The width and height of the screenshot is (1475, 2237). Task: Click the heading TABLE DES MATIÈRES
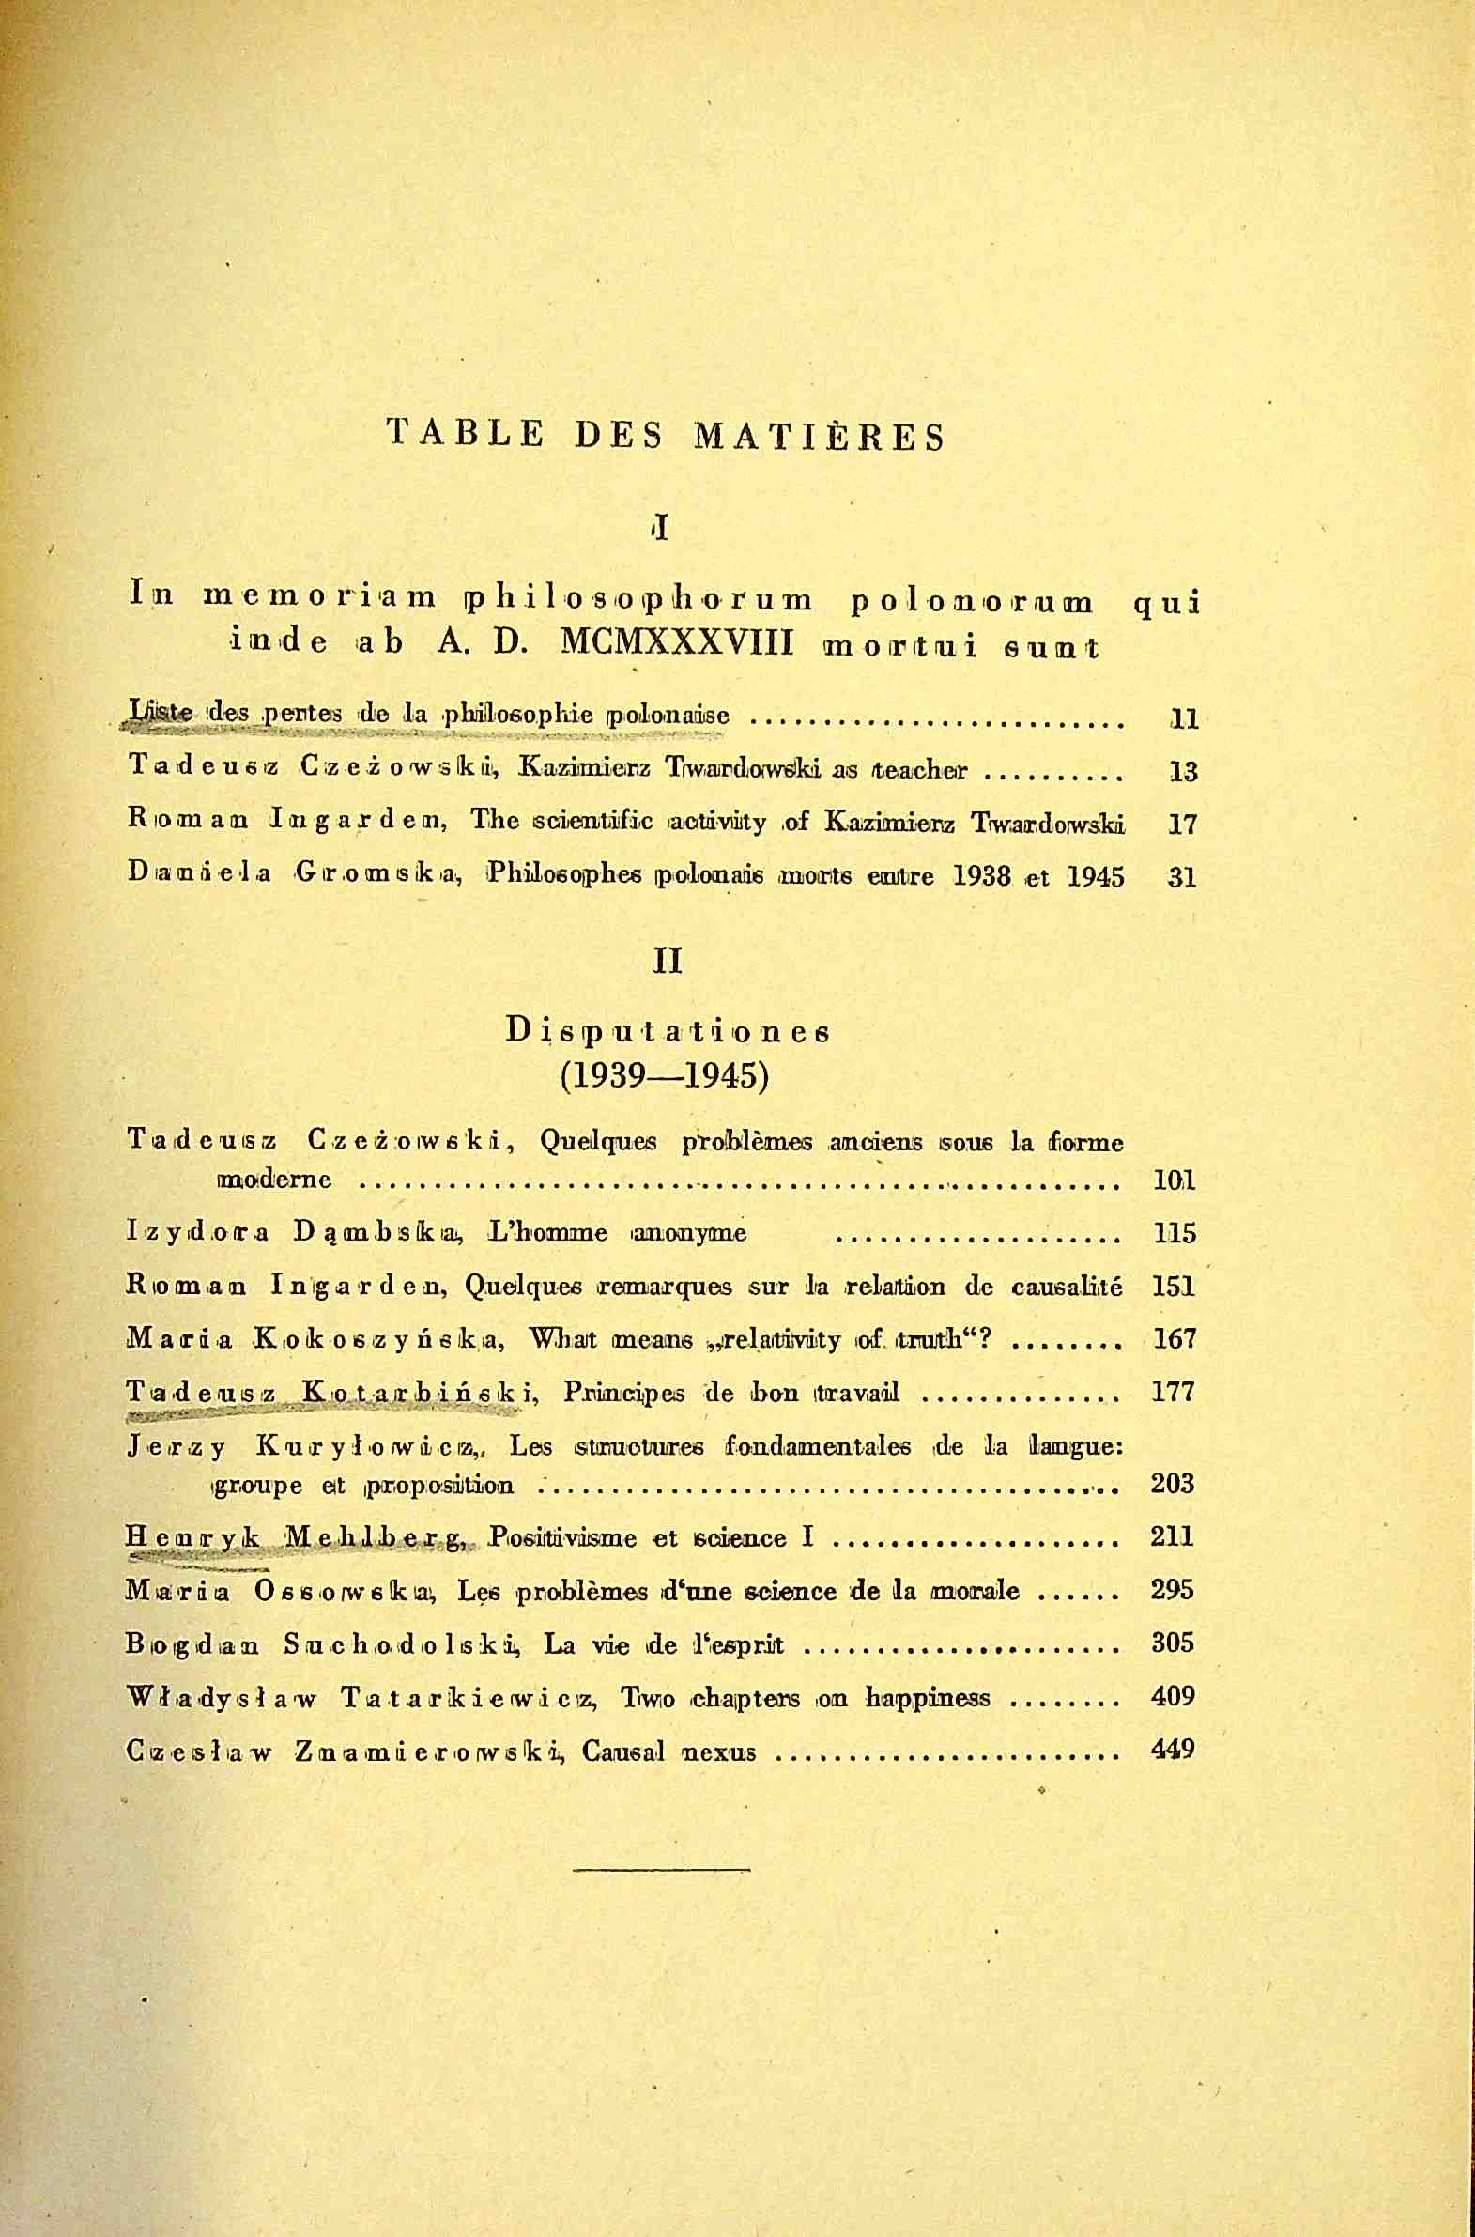tap(665, 437)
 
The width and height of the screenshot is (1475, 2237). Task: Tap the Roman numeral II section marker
tap(666, 962)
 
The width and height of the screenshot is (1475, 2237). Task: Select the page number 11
tap(1182, 719)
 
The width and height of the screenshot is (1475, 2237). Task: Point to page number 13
tap(1182, 772)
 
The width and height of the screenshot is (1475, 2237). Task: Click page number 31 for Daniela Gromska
tap(1182, 878)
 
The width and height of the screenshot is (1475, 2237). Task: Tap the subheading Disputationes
tap(667, 1032)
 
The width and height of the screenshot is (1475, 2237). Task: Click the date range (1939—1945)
tap(665, 1075)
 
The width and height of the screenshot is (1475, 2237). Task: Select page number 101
tap(1173, 1180)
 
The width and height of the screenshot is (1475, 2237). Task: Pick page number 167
tap(1173, 1338)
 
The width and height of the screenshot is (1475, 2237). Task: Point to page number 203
tap(1172, 1485)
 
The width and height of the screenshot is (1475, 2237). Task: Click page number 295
tap(1172, 1591)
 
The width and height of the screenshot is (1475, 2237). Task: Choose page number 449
tap(1172, 1750)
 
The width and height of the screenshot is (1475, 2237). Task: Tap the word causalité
tap(1063, 1286)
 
